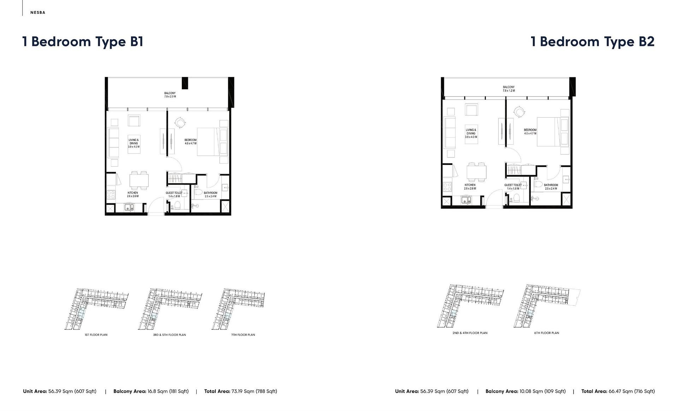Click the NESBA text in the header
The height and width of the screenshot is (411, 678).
tap(38, 13)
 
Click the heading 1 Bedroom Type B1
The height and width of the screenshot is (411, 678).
tap(83, 42)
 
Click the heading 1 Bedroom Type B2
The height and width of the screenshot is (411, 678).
tap(593, 42)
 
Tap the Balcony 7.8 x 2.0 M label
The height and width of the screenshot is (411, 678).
tap(170, 95)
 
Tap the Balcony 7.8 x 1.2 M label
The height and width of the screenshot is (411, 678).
tap(509, 89)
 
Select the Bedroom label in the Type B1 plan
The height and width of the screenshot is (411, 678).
tap(190, 142)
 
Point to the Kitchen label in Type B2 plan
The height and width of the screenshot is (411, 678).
tap(470, 186)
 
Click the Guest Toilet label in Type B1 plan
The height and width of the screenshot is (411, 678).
tap(174, 194)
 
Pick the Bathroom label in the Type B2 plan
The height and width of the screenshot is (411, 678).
tap(551, 186)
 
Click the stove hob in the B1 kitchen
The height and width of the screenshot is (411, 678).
tap(111, 194)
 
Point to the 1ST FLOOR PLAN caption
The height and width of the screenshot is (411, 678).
tap(96, 335)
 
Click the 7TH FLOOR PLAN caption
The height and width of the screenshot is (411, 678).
tap(243, 335)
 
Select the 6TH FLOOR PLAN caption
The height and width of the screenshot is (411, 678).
tap(546, 333)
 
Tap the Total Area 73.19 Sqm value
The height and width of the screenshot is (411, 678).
tap(254, 391)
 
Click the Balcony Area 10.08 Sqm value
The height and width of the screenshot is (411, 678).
tap(542, 391)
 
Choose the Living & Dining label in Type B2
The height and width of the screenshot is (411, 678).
tap(471, 133)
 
